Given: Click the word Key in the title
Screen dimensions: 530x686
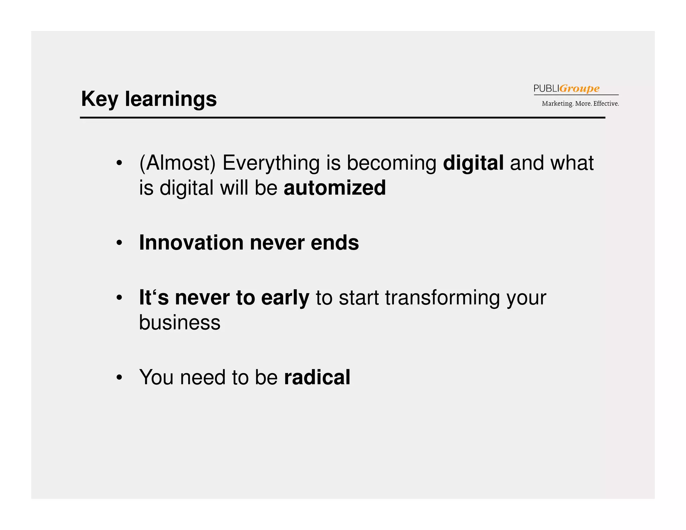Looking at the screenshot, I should click(x=99, y=99).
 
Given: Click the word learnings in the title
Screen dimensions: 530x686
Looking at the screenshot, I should click(x=171, y=100).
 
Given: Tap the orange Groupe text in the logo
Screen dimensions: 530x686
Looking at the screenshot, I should click(x=579, y=88).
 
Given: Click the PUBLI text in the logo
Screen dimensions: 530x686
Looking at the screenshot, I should click(x=546, y=88).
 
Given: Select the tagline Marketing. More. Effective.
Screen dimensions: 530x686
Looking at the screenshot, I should click(x=580, y=104).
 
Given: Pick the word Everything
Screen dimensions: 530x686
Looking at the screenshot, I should click(x=271, y=163).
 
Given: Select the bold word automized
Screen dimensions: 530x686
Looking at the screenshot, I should click(x=335, y=188).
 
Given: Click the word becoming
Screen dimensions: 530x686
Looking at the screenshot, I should click(x=391, y=163).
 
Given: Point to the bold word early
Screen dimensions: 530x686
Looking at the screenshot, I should click(x=285, y=297).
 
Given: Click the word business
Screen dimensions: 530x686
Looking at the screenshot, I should click(x=180, y=322).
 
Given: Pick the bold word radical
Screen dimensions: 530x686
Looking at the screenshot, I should click(x=317, y=377).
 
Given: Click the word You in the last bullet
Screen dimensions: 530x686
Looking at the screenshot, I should click(x=156, y=377).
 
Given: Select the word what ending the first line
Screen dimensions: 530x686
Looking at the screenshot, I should click(x=571, y=163).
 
